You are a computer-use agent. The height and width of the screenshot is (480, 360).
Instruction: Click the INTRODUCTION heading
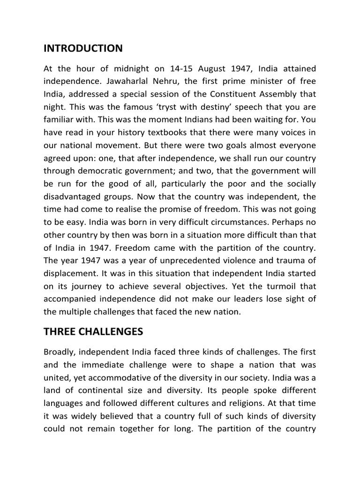83,48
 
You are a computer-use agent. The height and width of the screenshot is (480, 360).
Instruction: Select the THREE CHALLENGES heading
93,332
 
